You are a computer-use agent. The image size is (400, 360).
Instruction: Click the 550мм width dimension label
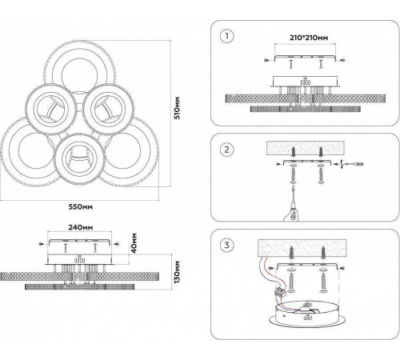pyautogui.click(x=81, y=206)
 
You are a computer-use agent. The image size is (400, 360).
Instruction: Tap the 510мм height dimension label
pyautogui.click(x=177, y=108)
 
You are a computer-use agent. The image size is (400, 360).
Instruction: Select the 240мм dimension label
pyautogui.click(x=81, y=227)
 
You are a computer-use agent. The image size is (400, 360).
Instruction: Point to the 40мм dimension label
pyautogui.click(x=134, y=243)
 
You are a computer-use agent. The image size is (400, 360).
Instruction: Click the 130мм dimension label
pyautogui.click(x=177, y=271)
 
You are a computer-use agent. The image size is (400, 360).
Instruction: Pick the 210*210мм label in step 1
pyautogui.click(x=309, y=38)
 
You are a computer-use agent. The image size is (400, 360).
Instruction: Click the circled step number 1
pyautogui.click(x=227, y=36)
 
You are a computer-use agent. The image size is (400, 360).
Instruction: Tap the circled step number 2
pyautogui.click(x=227, y=150)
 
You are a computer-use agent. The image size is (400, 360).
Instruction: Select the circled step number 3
pyautogui.click(x=227, y=245)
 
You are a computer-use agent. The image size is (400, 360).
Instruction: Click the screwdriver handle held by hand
pyautogui.click(x=293, y=210)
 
